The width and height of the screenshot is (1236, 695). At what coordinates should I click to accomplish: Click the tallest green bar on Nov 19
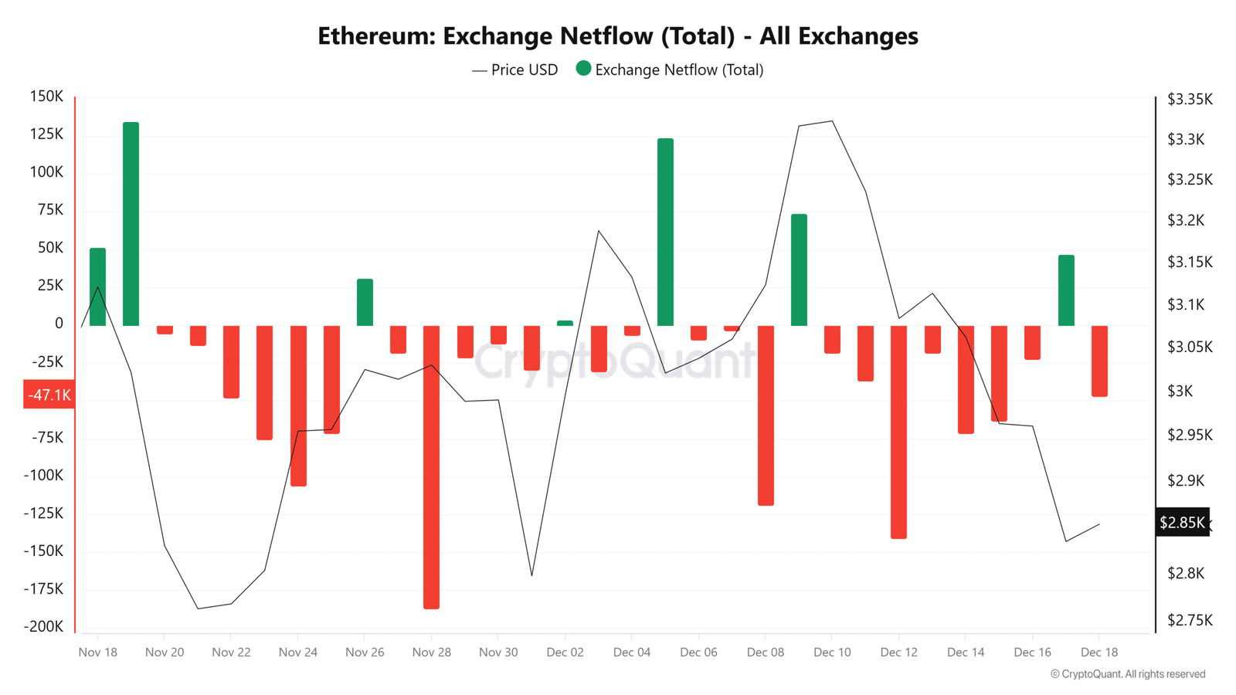click(x=131, y=224)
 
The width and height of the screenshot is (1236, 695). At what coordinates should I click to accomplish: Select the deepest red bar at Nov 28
click(x=432, y=467)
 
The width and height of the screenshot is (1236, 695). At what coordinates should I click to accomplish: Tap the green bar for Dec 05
click(x=665, y=232)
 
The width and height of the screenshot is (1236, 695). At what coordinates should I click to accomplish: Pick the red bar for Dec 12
click(x=899, y=432)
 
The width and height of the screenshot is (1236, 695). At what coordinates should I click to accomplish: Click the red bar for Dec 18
click(x=1099, y=361)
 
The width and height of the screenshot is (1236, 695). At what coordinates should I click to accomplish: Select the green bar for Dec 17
click(x=1066, y=290)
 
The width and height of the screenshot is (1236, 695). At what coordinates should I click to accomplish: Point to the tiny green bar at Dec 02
click(x=565, y=323)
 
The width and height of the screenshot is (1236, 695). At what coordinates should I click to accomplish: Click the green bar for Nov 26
click(x=365, y=302)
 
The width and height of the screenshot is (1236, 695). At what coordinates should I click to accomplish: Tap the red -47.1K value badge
click(x=49, y=395)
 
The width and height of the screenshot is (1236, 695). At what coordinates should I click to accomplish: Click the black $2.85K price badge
click(x=1182, y=522)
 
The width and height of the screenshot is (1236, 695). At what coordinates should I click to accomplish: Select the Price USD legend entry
click(x=514, y=70)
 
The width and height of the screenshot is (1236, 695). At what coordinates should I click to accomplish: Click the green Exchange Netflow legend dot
click(x=583, y=69)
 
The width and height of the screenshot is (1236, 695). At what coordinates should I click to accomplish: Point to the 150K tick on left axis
click(x=46, y=97)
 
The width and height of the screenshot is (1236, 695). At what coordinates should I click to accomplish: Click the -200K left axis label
click(x=43, y=626)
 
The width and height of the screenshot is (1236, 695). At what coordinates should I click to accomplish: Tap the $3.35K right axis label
click(x=1190, y=100)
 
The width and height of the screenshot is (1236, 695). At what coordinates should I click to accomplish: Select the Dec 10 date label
click(x=832, y=652)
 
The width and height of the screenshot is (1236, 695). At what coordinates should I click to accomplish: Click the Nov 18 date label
click(x=97, y=652)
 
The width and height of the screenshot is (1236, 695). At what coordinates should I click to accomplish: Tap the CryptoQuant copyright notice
click(x=1127, y=674)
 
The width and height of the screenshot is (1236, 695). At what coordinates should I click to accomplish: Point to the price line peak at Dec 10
click(x=832, y=120)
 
